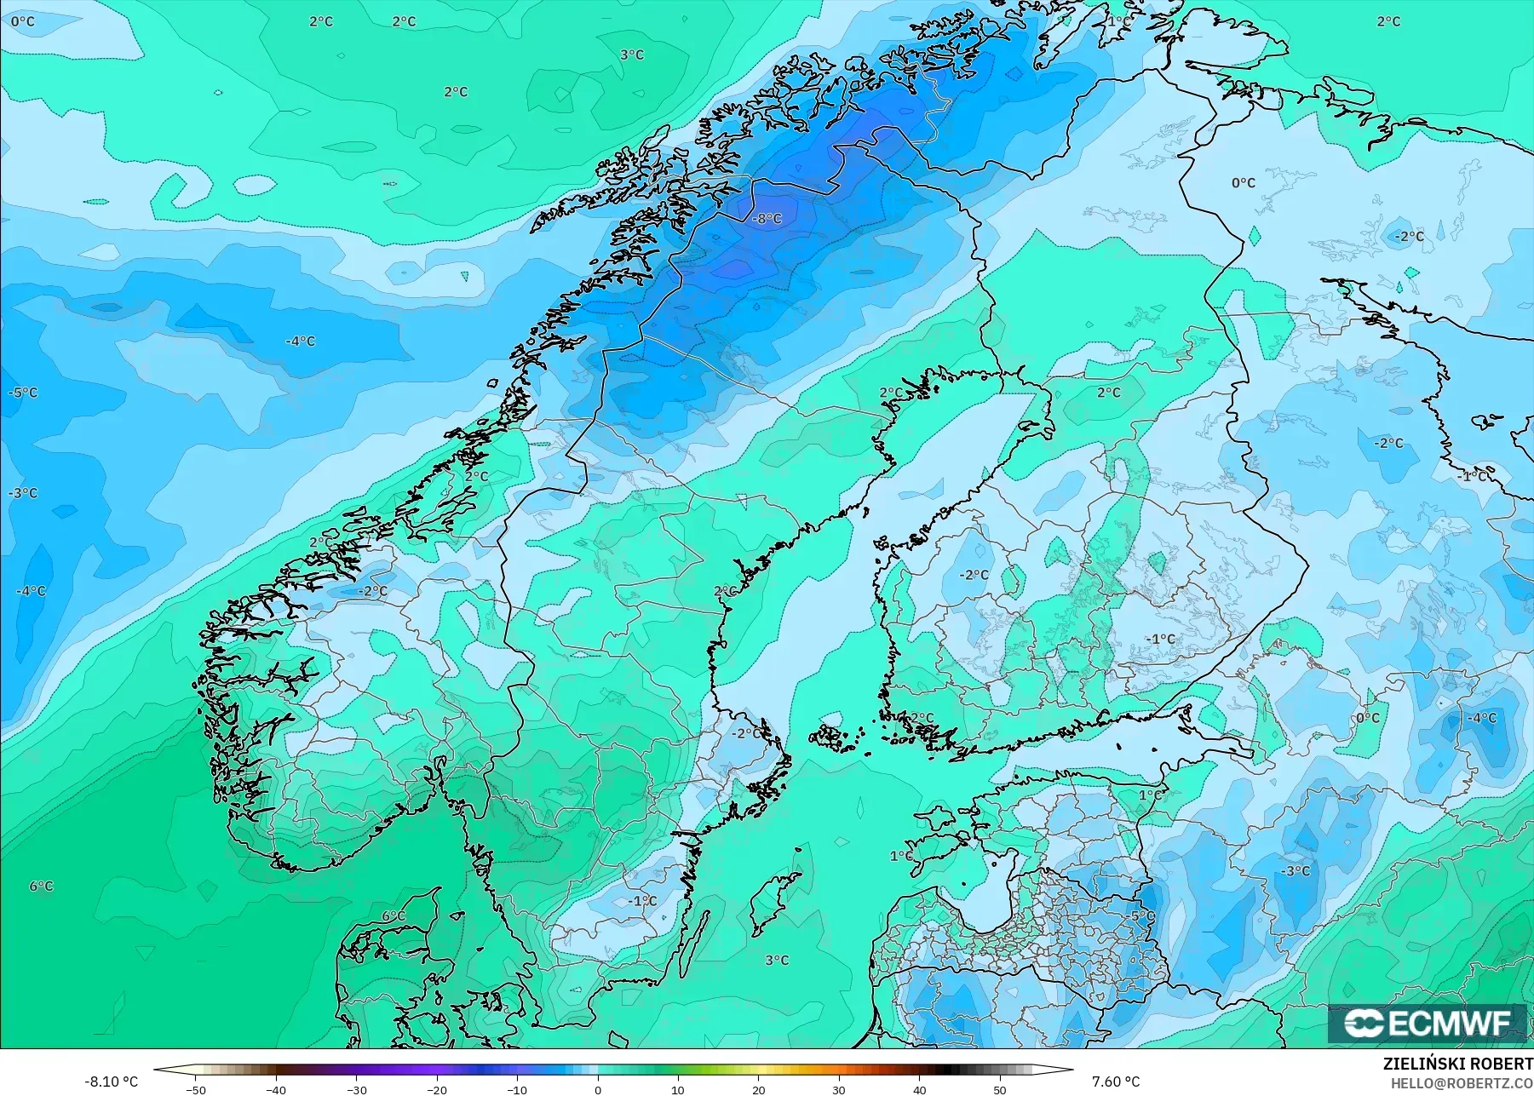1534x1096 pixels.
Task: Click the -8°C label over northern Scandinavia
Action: [x=767, y=219]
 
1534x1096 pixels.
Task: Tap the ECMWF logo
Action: [x=1428, y=1024]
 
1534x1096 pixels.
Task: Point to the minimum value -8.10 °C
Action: [x=111, y=1082]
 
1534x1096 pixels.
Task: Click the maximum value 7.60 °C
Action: [x=1116, y=1082]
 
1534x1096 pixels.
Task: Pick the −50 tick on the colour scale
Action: [x=195, y=1089]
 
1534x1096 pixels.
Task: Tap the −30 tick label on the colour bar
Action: [x=356, y=1089]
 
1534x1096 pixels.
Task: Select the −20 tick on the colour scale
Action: [x=436, y=1089]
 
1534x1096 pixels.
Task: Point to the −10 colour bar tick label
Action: [x=517, y=1089]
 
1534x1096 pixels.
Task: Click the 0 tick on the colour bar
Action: [x=598, y=1089]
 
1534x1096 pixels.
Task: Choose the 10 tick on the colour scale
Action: [x=678, y=1089]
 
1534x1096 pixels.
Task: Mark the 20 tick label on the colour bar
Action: [x=759, y=1089]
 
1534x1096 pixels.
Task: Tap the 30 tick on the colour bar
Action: [x=839, y=1089]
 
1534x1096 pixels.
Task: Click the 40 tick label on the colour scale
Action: [x=920, y=1089]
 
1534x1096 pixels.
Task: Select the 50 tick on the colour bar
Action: [x=1000, y=1089]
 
